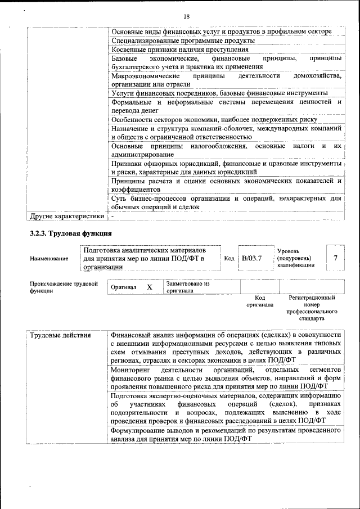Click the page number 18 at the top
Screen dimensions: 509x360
pyautogui.click(x=186, y=16)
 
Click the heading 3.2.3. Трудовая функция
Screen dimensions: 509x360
pyautogui.click(x=70, y=233)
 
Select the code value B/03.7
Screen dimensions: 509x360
pyautogui.click(x=252, y=258)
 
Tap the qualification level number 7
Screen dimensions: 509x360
pyautogui.click(x=335, y=258)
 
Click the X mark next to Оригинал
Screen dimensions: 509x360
pyautogui.click(x=150, y=287)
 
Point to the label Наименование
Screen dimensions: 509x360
pyautogui.click(x=49, y=258)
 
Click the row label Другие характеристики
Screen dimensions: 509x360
pyautogui.click(x=67, y=215)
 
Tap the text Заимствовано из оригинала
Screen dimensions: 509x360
pyautogui.click(x=187, y=287)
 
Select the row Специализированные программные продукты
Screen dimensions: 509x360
pyautogui.click(x=183, y=40)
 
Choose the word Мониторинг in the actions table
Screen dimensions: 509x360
pyautogui.click(x=130, y=370)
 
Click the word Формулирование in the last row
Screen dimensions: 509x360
pyautogui.click(x=138, y=430)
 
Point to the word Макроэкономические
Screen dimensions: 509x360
pyautogui.click(x=145, y=75)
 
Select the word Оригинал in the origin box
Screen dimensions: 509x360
pyautogui.click(x=123, y=287)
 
